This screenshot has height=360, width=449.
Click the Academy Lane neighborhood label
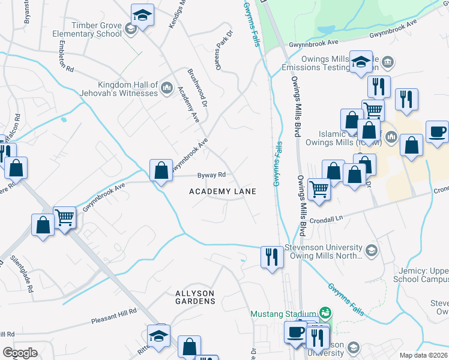click(x=223, y=191)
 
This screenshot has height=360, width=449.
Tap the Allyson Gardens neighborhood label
click(x=194, y=296)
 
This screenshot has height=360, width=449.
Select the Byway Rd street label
click(x=211, y=175)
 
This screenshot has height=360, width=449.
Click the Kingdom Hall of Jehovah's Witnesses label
click(x=119, y=89)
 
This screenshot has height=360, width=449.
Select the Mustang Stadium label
click(x=283, y=314)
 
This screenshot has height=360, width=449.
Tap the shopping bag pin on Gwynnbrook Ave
click(x=161, y=170)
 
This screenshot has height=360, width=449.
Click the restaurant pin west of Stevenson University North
click(x=271, y=257)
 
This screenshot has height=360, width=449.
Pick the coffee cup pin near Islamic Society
click(x=436, y=132)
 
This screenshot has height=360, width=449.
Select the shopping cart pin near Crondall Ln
click(x=318, y=190)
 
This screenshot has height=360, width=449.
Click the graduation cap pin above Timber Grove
click(x=143, y=14)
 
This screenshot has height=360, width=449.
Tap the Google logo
click(x=20, y=353)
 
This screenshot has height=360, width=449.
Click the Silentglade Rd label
click(x=22, y=274)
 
